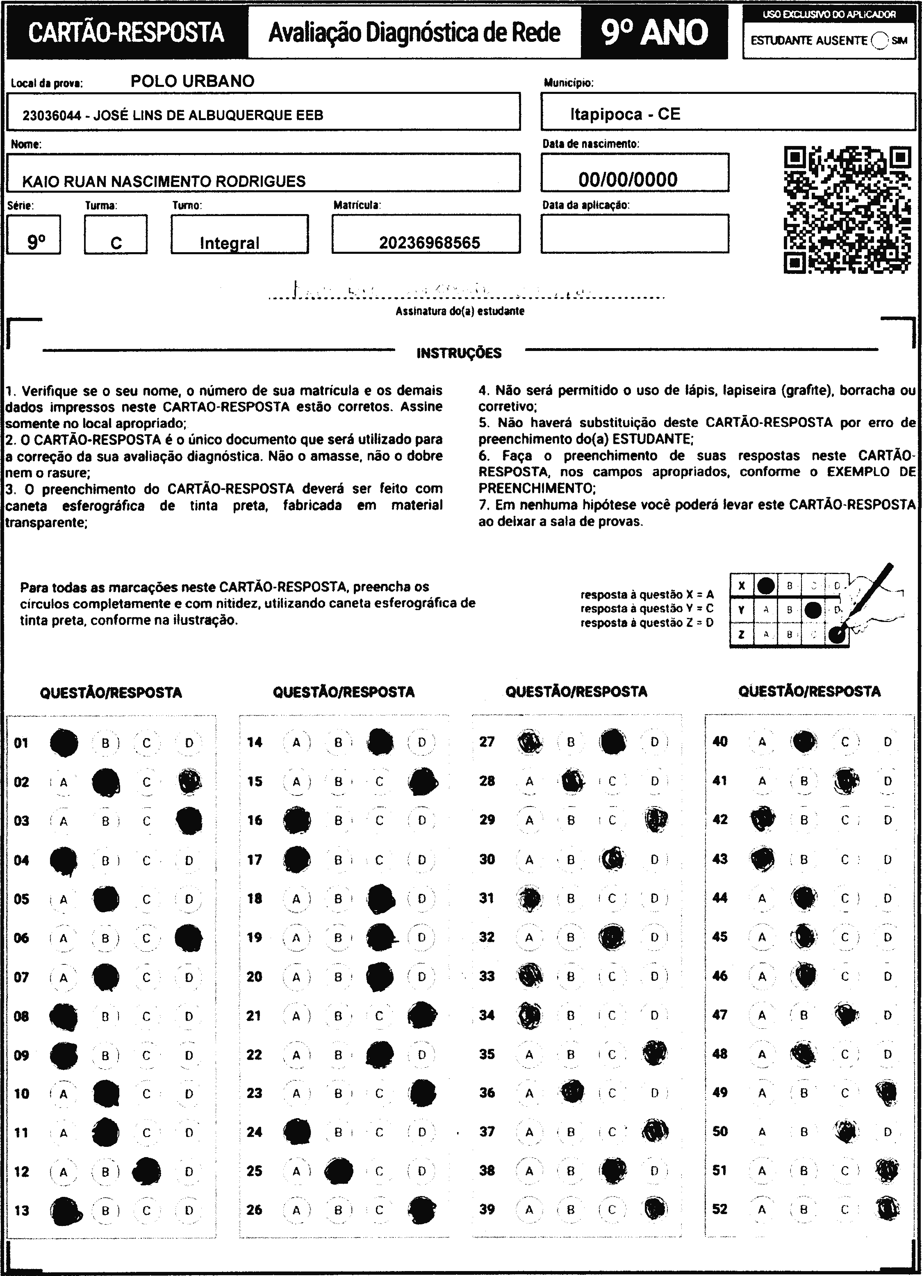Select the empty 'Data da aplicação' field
tap(635, 233)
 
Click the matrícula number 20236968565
tap(429, 242)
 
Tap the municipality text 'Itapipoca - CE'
tap(625, 114)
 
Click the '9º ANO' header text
tap(654, 32)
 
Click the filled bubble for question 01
tap(64, 743)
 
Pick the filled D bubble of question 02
tap(189, 782)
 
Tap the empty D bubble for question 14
tap(422, 742)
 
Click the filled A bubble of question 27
tap(529, 741)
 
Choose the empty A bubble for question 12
tap(64, 1171)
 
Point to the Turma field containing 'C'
tap(116, 235)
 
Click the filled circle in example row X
tap(765, 586)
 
